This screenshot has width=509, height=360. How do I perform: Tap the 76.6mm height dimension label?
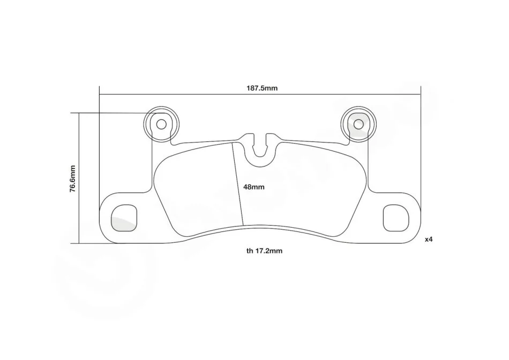72,179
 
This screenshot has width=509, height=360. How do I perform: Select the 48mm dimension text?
254,187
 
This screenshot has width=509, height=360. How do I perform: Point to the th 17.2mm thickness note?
264,251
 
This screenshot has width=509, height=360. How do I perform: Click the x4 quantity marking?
429,239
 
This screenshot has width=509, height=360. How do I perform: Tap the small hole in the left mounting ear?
161,124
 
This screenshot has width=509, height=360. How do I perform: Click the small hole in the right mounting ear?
358,124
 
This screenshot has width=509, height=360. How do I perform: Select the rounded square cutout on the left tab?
124,218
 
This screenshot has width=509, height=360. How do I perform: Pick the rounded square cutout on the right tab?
396,218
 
